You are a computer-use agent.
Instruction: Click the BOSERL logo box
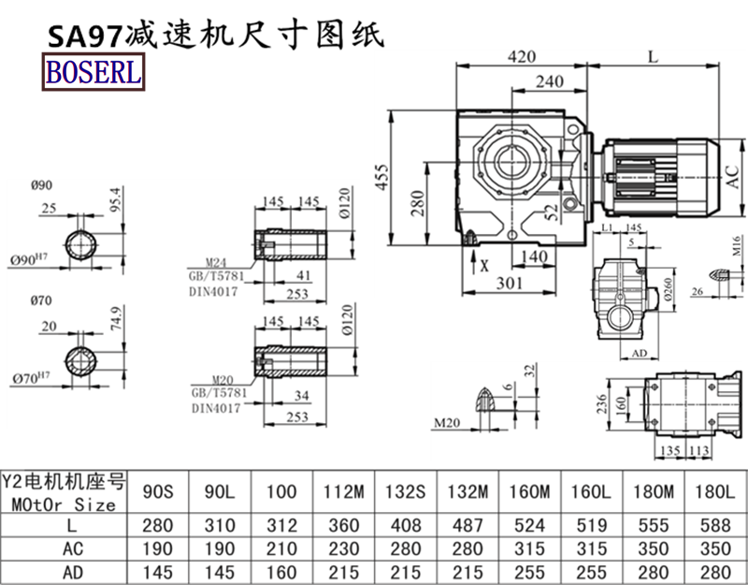(x=92, y=73)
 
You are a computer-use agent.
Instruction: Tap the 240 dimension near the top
(x=550, y=82)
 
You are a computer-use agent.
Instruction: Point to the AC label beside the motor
(x=735, y=174)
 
